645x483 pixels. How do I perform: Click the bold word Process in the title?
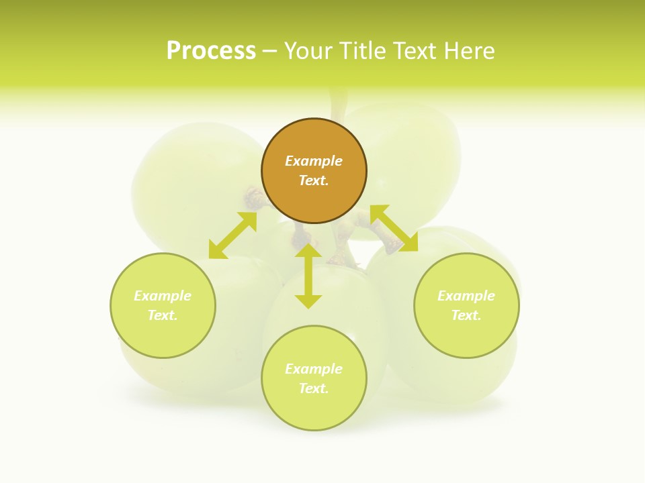pyautogui.click(x=211, y=51)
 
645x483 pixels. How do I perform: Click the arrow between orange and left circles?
pyautogui.click(x=232, y=235)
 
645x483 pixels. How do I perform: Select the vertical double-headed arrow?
pyautogui.click(x=308, y=276)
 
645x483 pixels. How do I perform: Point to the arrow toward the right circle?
pyautogui.click(x=394, y=228)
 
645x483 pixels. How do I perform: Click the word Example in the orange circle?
pyautogui.click(x=314, y=161)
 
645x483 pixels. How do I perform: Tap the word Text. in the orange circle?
pyautogui.click(x=314, y=180)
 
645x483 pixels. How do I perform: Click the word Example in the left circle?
pyautogui.click(x=163, y=296)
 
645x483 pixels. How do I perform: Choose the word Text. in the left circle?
pyautogui.click(x=163, y=315)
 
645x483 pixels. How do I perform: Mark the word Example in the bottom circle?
pyautogui.click(x=314, y=369)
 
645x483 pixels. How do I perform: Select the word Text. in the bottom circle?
pyautogui.click(x=314, y=388)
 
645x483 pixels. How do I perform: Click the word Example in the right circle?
pyautogui.click(x=466, y=296)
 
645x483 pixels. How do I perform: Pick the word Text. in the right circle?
pyautogui.click(x=466, y=315)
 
